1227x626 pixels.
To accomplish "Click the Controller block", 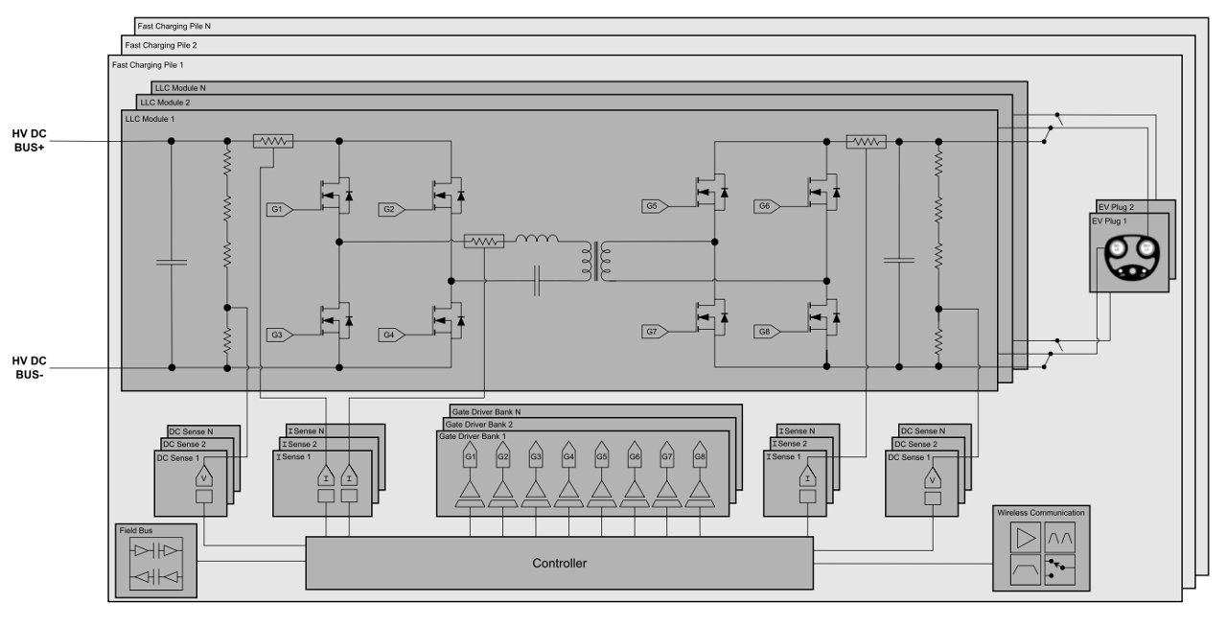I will coord(559,563).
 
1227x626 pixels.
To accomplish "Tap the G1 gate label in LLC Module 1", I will coord(276,207).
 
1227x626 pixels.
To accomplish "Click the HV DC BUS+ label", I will coord(29,141).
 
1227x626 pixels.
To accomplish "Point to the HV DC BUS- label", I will coord(29,367).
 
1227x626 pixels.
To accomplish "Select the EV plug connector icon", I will coord(1131,259).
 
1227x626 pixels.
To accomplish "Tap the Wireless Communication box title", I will coord(1040,513).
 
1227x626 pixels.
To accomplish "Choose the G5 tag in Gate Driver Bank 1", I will coord(601,457).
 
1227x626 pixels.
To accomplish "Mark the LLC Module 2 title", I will coord(165,102).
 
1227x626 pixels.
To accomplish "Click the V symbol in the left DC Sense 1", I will coord(203,476).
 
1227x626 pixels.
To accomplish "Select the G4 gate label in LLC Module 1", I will coord(389,335).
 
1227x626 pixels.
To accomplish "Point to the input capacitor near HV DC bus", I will coord(171,260).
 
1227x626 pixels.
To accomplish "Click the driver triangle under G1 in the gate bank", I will coord(471,492).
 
